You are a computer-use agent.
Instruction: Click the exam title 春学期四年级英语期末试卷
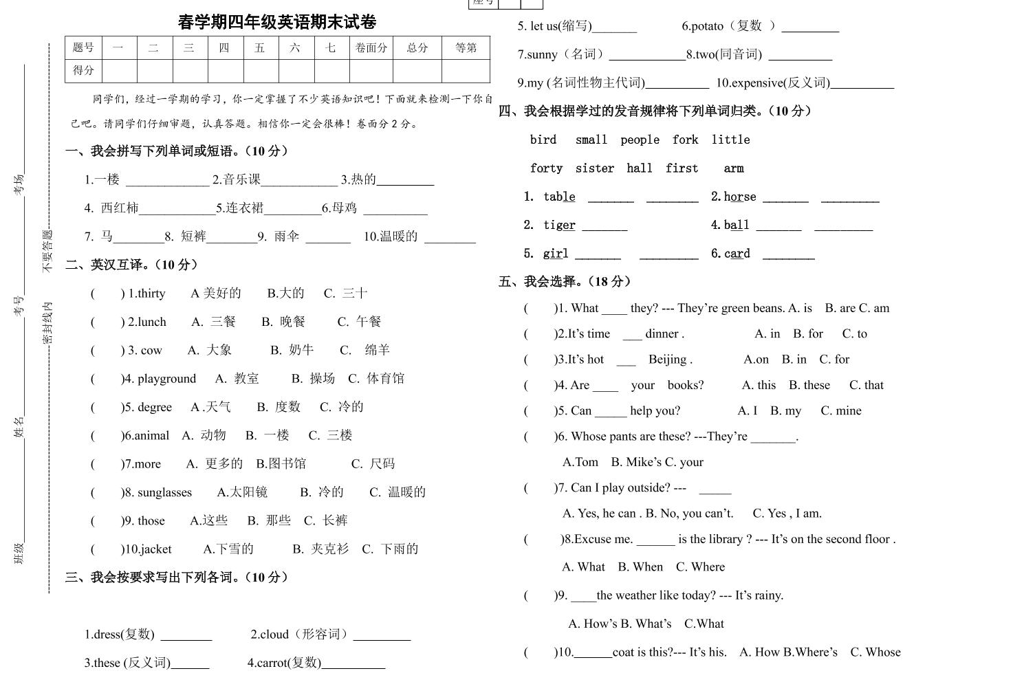pyautogui.click(x=277, y=22)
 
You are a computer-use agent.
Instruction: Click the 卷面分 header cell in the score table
pyautogui.click(x=371, y=47)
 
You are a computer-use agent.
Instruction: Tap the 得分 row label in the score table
pyautogui.click(x=83, y=70)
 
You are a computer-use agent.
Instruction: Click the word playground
pyautogui.click(x=166, y=379)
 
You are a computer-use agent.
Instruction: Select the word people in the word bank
pyautogui.click(x=640, y=140)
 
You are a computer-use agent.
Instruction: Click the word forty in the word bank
pyautogui.click(x=546, y=168)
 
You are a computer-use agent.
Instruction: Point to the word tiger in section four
pyautogui.click(x=559, y=225)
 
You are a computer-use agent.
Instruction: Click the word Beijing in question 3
pyautogui.click(x=668, y=360)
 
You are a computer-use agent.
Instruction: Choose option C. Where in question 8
pyautogui.click(x=700, y=567)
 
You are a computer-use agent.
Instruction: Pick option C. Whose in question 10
pyautogui.click(x=875, y=652)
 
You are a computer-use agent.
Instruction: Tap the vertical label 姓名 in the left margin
pyautogui.click(x=19, y=426)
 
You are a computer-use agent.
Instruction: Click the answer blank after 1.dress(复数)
pyautogui.click(x=186, y=635)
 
